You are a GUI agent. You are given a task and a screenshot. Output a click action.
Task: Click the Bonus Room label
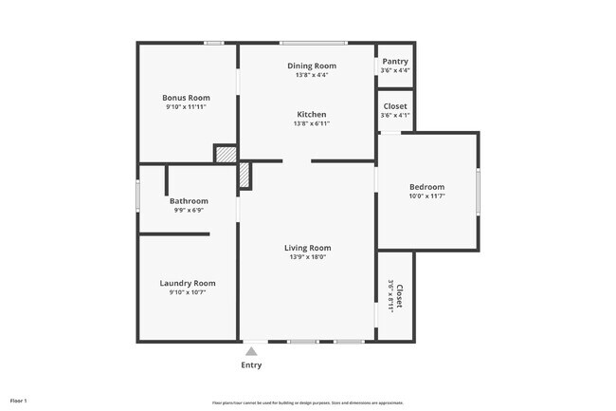186,98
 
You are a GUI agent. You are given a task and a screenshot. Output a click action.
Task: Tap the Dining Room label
312,65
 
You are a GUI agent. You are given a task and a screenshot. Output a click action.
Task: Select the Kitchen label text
312,114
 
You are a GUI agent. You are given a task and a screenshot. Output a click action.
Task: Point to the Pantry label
395,62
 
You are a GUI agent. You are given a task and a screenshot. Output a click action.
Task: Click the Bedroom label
426,187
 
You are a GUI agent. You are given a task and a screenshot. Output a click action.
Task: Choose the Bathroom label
189,201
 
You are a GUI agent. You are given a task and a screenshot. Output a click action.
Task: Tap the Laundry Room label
188,283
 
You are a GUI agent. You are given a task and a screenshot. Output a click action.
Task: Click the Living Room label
308,248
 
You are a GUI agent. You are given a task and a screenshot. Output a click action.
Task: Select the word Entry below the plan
251,365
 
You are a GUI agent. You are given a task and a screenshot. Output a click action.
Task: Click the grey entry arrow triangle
251,351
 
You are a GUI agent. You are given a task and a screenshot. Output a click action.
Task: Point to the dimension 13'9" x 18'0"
308,256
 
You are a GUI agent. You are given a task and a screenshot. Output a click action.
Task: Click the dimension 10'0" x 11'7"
426,196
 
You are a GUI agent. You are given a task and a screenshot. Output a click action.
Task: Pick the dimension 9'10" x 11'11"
186,107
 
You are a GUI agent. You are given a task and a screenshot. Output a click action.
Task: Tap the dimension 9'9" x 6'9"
189,210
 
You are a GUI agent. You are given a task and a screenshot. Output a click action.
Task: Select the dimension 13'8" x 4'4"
312,74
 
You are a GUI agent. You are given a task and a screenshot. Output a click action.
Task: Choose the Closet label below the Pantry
395,106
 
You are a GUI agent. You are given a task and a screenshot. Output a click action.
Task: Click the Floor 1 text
19,402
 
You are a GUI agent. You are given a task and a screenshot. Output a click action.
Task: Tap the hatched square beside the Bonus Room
225,154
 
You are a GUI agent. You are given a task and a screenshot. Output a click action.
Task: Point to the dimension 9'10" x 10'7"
188,292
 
